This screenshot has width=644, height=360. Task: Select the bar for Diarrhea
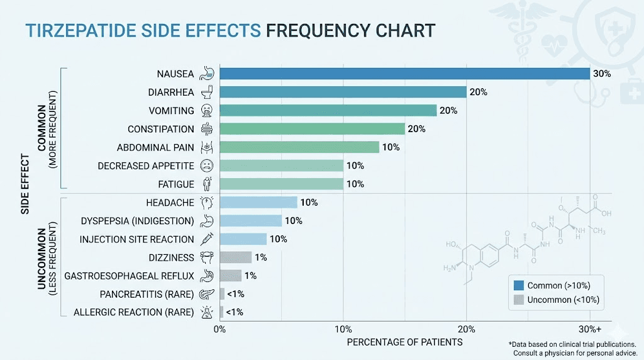click(x=343, y=92)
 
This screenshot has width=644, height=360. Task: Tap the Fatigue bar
click(x=281, y=184)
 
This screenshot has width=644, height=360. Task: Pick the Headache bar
click(x=258, y=202)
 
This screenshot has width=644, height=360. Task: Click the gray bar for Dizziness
click(x=235, y=257)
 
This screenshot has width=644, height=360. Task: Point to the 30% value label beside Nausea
click(x=602, y=74)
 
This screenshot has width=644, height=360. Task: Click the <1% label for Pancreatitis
click(x=236, y=294)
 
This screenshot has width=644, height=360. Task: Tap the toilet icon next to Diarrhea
click(x=207, y=92)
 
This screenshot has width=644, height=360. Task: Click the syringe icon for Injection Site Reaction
click(x=207, y=239)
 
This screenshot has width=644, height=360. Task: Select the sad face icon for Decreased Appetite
click(x=207, y=166)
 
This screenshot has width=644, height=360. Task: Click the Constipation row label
click(x=161, y=129)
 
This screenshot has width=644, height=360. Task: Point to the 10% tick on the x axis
click(x=343, y=329)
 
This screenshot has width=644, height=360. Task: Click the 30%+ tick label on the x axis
click(x=590, y=329)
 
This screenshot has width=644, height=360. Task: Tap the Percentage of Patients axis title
click(x=404, y=342)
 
